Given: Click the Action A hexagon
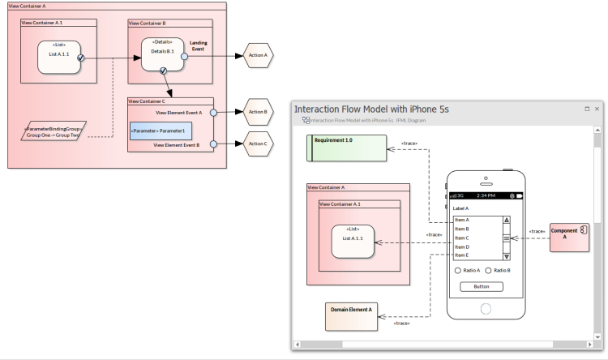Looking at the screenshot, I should tap(258, 56).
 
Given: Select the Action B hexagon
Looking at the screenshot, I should tap(258, 112).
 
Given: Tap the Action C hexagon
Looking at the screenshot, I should tap(258, 144).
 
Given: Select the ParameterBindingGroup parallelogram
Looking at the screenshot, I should tap(54, 131).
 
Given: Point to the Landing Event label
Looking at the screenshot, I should tap(199, 45).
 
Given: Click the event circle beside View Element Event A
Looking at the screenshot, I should tap(213, 113).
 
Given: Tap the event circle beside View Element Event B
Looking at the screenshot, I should tap(213, 144).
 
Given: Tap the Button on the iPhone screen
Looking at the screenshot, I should tap(482, 286).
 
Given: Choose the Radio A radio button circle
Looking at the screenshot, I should tap(458, 270).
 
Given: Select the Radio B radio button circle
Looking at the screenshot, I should tap(489, 270).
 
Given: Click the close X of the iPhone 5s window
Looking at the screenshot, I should tap(597, 109).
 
